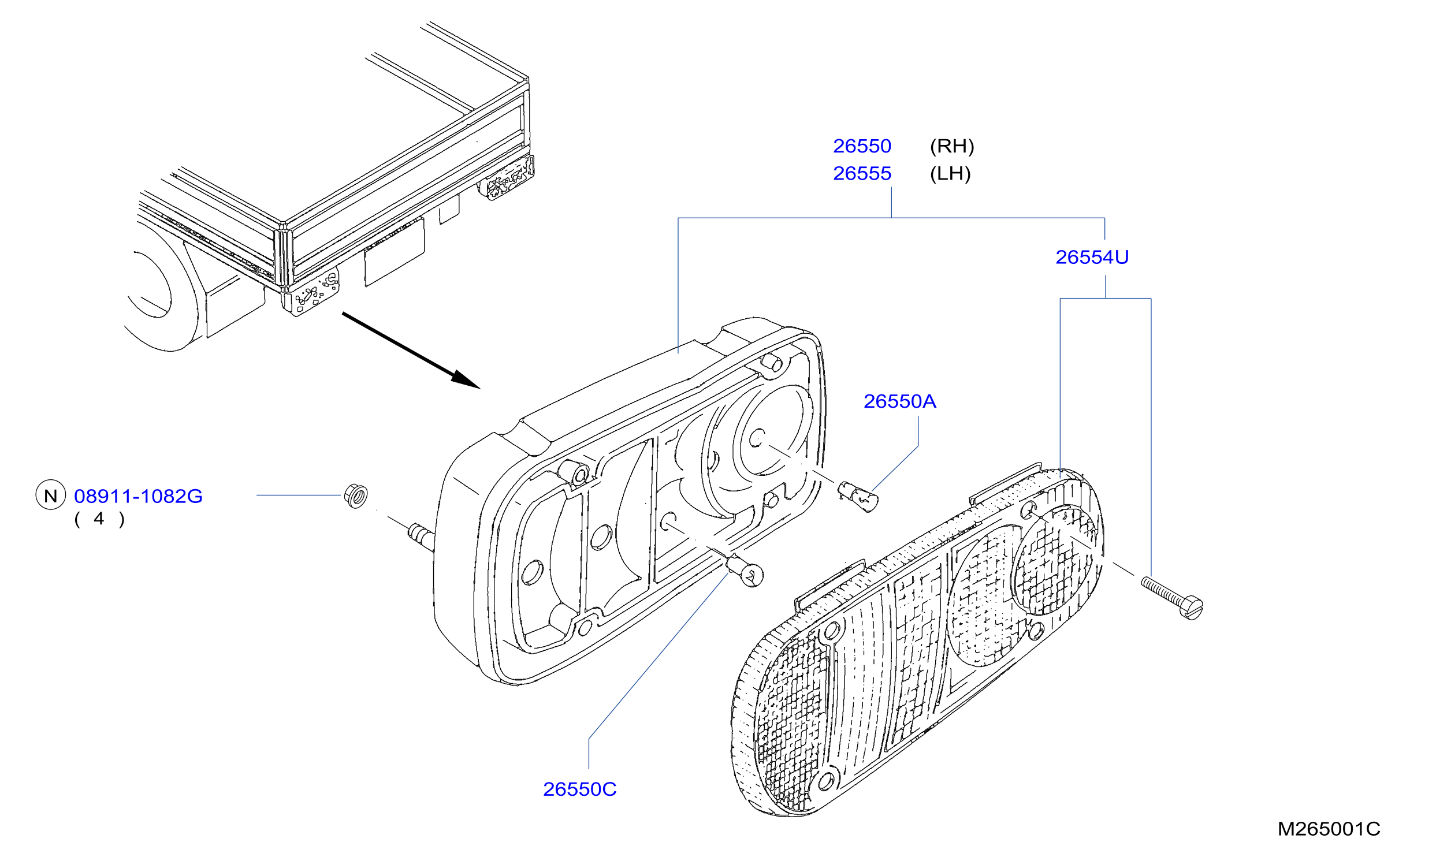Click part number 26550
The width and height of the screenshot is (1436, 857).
(862, 146)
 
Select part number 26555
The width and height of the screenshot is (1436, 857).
(862, 173)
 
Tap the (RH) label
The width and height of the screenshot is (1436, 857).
(952, 146)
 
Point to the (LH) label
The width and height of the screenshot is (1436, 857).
(950, 173)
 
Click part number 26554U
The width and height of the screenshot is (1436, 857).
(1092, 257)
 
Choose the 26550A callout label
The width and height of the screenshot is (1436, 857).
(899, 401)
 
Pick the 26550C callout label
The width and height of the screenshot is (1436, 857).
(579, 789)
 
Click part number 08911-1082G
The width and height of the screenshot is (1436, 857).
(138, 496)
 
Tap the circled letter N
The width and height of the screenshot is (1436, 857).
(51, 495)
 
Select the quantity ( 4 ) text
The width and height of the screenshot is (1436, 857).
(99, 519)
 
